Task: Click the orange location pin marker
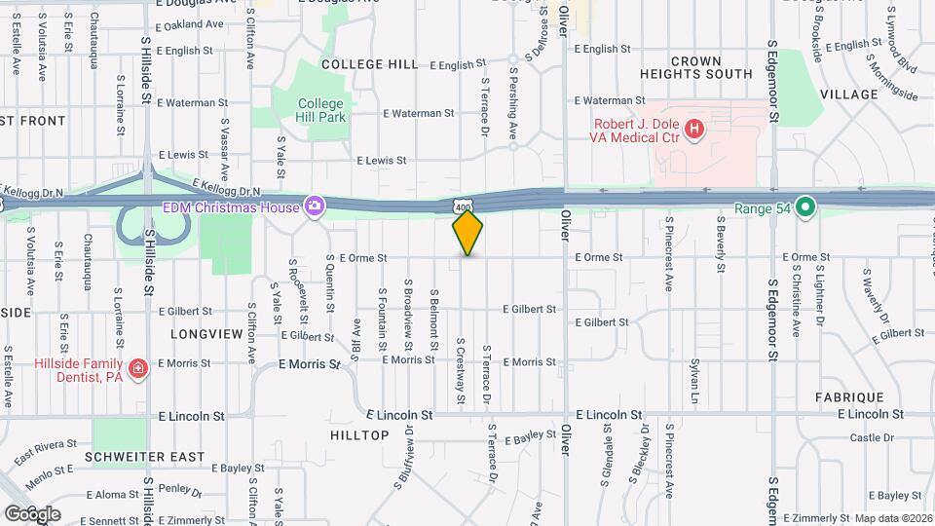click(467, 232)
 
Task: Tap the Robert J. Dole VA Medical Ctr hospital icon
click(693, 129)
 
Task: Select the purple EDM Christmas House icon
click(315, 206)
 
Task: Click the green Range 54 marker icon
click(804, 207)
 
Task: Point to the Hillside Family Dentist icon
click(138, 367)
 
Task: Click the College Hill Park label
click(321, 110)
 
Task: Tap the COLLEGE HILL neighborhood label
click(369, 64)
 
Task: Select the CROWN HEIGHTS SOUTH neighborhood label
click(696, 67)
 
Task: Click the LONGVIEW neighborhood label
click(206, 333)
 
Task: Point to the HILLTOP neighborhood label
click(359, 435)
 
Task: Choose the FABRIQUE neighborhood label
click(851, 397)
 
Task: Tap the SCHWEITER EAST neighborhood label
click(145, 457)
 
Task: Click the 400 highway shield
click(465, 207)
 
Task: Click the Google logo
click(32, 513)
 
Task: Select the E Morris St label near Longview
click(309, 364)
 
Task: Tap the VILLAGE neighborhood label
click(849, 94)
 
